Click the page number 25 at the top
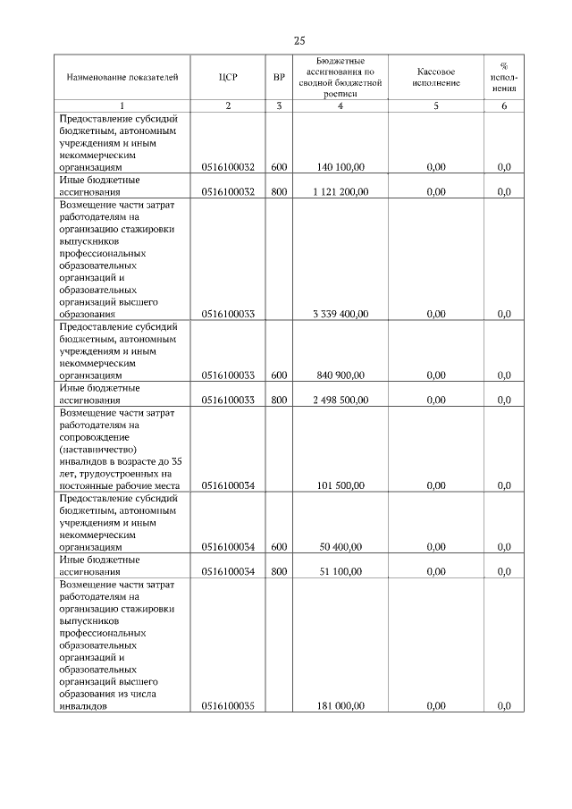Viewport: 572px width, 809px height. [x=299, y=40]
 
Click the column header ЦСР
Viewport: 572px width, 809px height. [x=228, y=77]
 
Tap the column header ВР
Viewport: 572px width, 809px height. [x=279, y=77]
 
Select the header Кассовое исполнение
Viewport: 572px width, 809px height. [x=436, y=77]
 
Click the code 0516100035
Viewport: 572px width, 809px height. [x=228, y=706]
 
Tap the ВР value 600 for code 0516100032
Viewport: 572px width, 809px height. [x=279, y=167]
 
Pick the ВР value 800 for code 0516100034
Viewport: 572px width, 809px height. [x=279, y=571]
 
